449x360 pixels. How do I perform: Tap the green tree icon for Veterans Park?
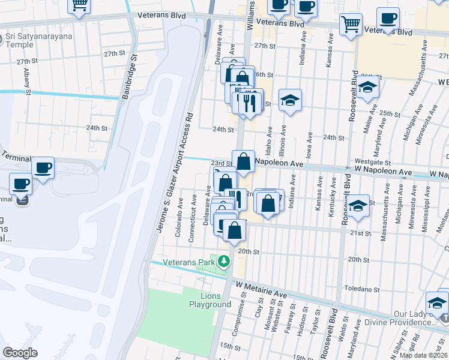pos(224,262)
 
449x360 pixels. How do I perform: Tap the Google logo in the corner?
pos(20,352)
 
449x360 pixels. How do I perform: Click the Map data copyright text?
pos(424,355)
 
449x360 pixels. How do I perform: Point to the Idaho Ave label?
pos(268,139)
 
